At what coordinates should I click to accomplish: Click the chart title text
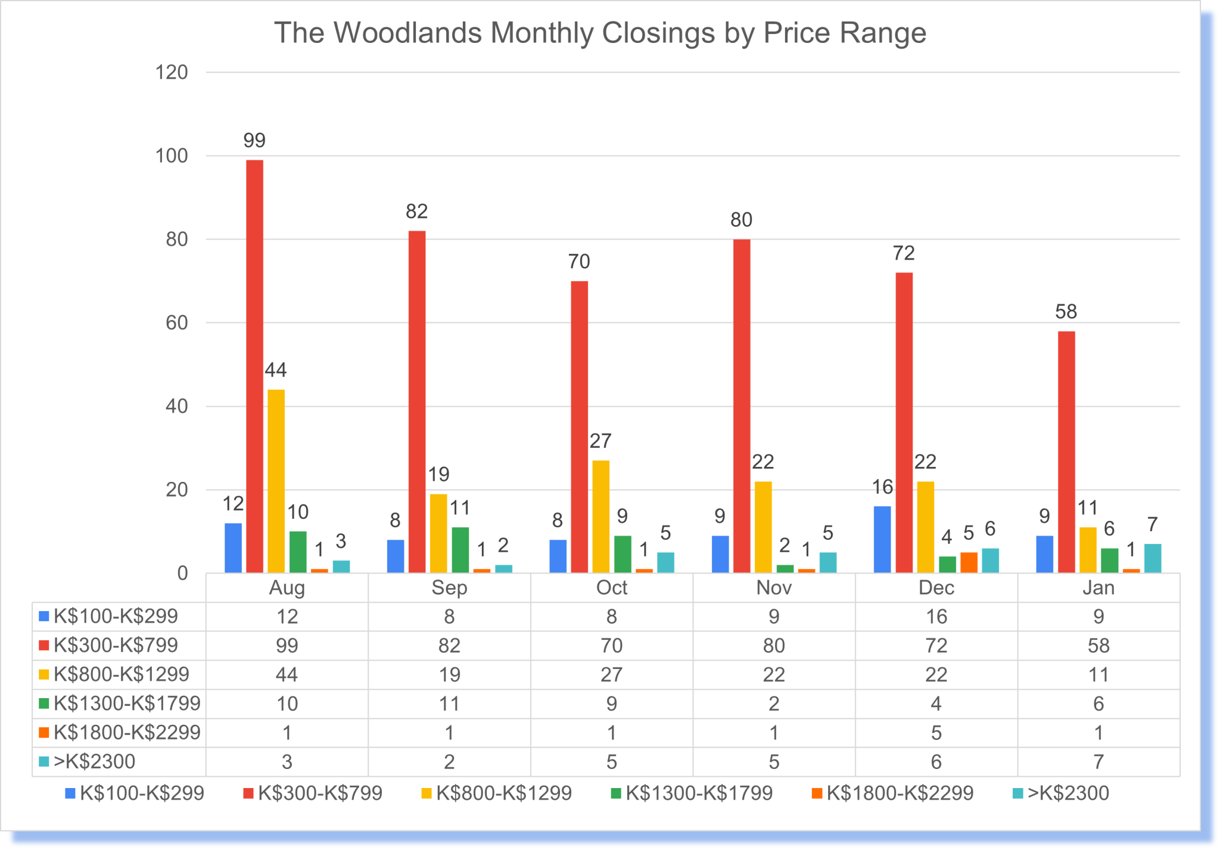tap(600, 33)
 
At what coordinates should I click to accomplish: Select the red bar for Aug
tap(254, 366)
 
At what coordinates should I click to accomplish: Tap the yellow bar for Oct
tap(600, 516)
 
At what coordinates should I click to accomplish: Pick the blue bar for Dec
tap(882, 540)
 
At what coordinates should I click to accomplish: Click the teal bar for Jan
tap(1153, 558)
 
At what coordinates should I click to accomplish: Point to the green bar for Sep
tap(460, 550)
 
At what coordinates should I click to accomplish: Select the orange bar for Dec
tap(969, 562)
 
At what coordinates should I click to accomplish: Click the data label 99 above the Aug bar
tap(254, 141)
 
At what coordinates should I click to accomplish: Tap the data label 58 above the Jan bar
tap(1066, 312)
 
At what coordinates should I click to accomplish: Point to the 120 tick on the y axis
tap(172, 73)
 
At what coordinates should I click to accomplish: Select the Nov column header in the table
tap(774, 588)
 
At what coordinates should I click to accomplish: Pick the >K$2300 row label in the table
tap(94, 761)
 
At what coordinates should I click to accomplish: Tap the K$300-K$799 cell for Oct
tap(611, 646)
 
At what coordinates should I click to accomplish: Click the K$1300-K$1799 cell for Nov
tap(774, 703)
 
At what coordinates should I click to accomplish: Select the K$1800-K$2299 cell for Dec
tap(936, 733)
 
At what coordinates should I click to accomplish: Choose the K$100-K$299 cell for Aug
tap(287, 617)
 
